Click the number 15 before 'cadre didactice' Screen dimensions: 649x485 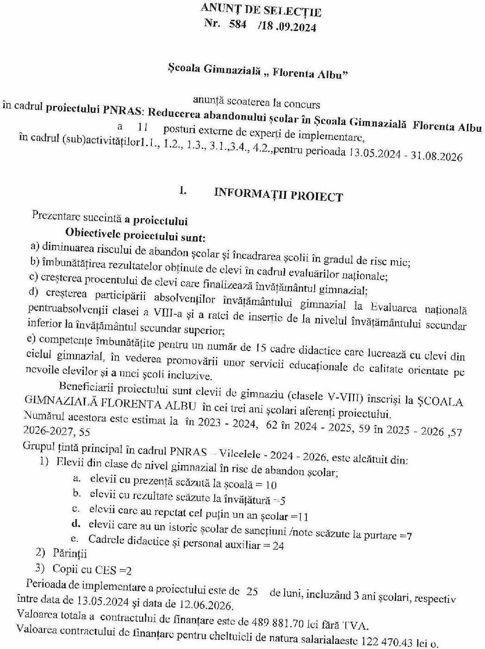260,348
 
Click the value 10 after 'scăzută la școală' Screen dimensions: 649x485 272,485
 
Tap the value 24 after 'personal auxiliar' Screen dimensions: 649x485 278,545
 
